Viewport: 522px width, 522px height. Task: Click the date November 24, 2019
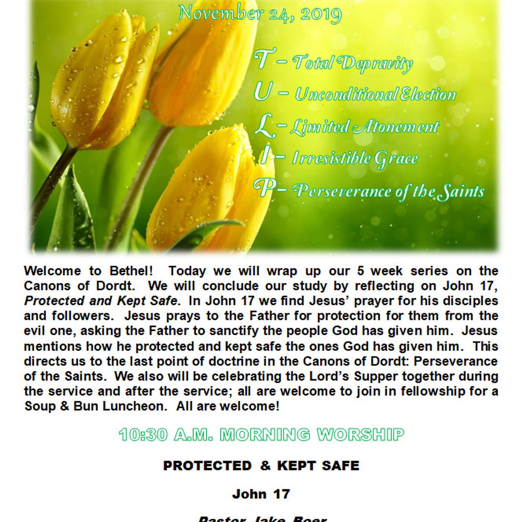coord(260,14)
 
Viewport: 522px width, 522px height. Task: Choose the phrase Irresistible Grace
coord(355,158)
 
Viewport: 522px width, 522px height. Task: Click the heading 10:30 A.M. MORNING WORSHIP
coord(261,435)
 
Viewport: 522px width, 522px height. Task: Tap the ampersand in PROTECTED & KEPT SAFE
coord(265,466)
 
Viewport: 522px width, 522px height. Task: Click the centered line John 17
coord(261,494)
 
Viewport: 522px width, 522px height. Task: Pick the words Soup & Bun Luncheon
coord(95,406)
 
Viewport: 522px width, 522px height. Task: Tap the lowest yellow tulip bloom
coord(209,194)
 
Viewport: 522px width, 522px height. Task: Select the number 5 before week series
coord(361,271)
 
